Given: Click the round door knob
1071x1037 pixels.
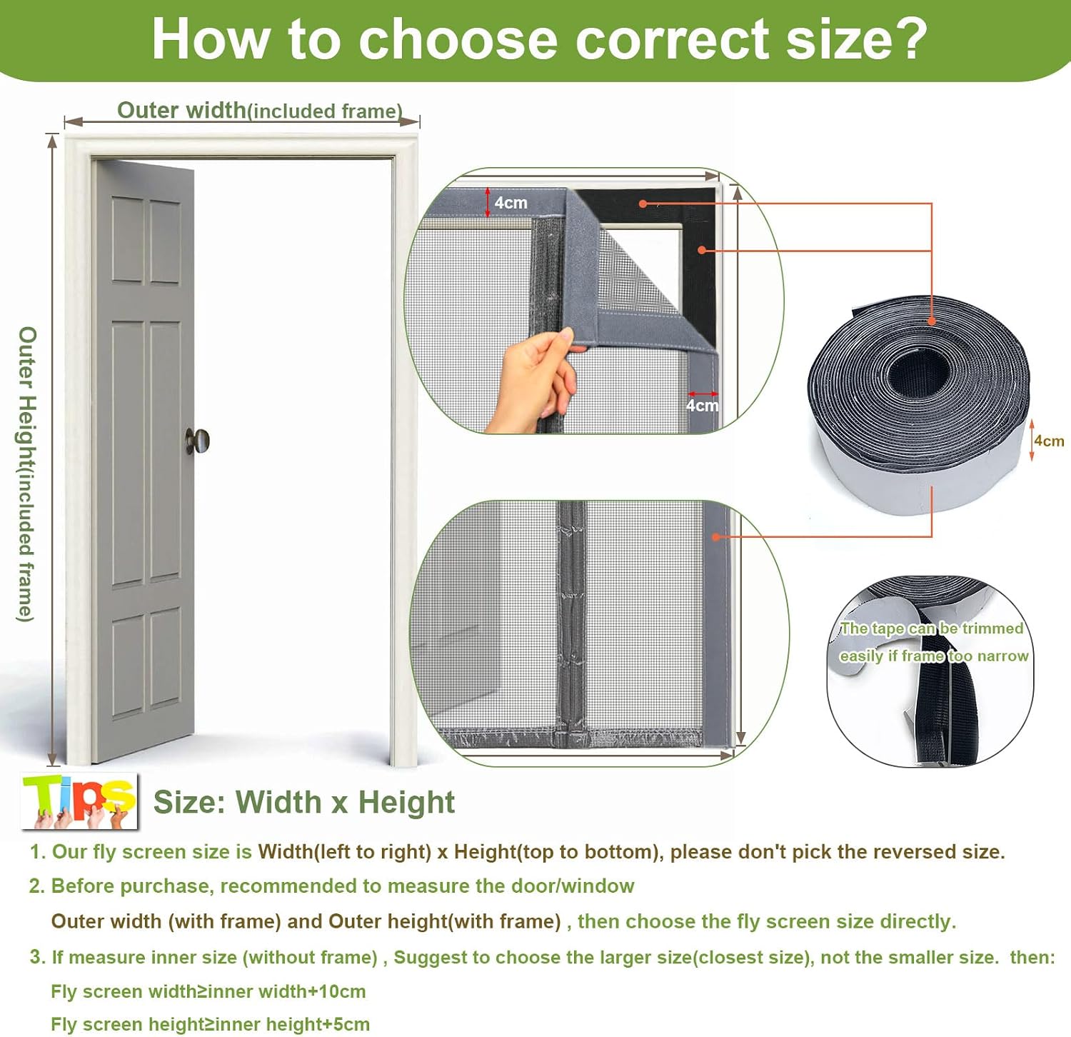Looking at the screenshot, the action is (198, 441).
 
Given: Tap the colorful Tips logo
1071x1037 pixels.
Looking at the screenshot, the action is (79, 801).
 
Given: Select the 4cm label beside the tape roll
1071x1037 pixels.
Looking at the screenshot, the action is (1049, 441).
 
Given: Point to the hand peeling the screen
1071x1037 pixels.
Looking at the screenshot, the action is (534, 379).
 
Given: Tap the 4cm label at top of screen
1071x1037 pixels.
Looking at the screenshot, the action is (511, 203).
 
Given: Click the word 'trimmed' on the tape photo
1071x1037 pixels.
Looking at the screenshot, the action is (993, 628).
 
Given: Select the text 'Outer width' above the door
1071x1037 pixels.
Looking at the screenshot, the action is (181, 110).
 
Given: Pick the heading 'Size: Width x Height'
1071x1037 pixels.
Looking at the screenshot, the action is (304, 802).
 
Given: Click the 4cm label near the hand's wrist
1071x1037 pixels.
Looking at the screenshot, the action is (703, 406).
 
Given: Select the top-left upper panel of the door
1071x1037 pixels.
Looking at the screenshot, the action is (128, 240).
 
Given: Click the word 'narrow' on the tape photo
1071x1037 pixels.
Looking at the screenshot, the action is (1003, 656).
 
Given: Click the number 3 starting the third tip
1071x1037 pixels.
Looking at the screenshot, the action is (36, 957).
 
